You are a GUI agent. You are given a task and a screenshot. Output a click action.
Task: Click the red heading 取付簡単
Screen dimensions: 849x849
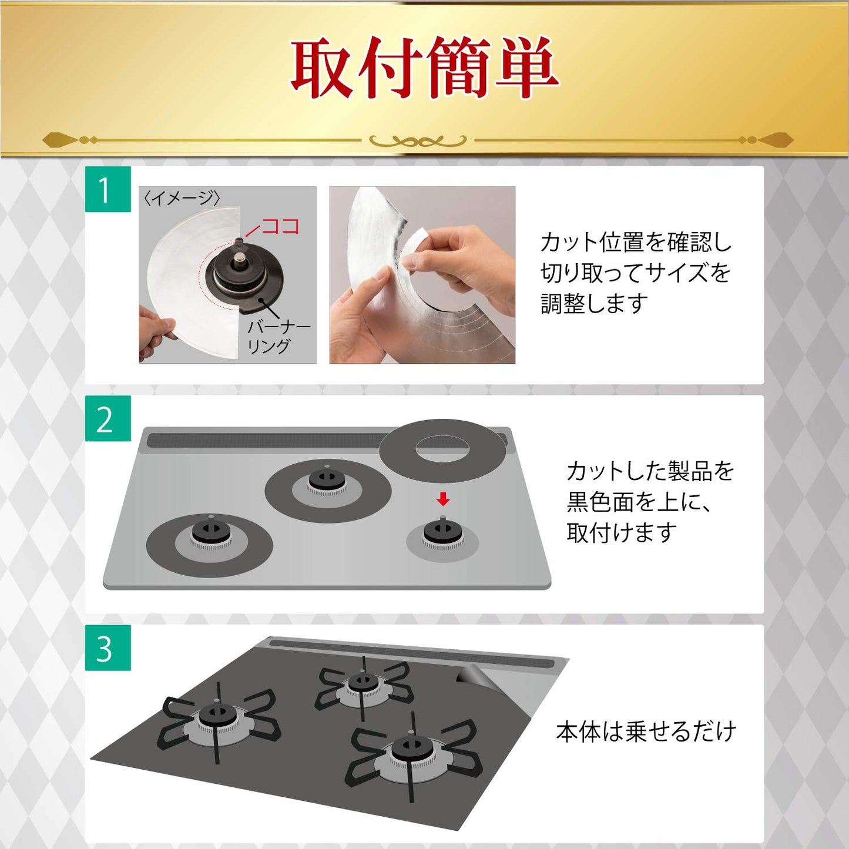click(x=424, y=68)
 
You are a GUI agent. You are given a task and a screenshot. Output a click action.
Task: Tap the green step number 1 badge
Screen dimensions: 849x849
click(x=108, y=189)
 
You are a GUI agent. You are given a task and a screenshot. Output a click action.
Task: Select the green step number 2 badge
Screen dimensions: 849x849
click(x=108, y=418)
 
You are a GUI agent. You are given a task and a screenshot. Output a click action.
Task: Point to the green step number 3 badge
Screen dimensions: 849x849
click(x=108, y=647)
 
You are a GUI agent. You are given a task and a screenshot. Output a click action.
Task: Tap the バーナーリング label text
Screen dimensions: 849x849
click(x=279, y=337)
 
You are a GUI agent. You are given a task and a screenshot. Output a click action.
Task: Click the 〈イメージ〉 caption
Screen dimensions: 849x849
click(x=182, y=198)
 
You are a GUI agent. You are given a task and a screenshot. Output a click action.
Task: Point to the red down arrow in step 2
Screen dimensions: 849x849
click(x=443, y=499)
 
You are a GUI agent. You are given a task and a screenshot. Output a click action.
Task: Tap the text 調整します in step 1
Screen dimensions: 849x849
click(x=595, y=304)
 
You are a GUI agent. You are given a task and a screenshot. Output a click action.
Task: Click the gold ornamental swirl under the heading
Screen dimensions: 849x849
click(x=418, y=141)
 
